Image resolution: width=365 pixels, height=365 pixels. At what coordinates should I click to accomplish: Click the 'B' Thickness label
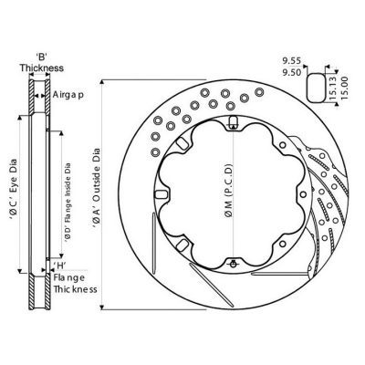pyautogui.click(x=42, y=63)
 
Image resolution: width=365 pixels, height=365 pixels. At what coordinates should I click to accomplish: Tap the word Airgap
pyautogui.click(x=68, y=95)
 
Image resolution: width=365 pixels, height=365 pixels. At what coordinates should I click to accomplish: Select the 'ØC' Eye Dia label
pyautogui.click(x=14, y=193)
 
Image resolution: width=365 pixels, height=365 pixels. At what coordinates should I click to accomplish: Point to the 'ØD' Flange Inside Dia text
pyautogui.click(x=68, y=203)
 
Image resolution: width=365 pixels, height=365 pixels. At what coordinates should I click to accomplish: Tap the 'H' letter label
pyautogui.click(x=59, y=266)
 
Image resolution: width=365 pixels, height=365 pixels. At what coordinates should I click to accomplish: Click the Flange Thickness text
pyautogui.click(x=75, y=283)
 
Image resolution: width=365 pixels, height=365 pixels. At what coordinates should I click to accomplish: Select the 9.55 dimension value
pyautogui.click(x=291, y=61)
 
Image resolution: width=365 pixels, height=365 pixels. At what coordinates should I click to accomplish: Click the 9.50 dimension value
pyautogui.click(x=291, y=73)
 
